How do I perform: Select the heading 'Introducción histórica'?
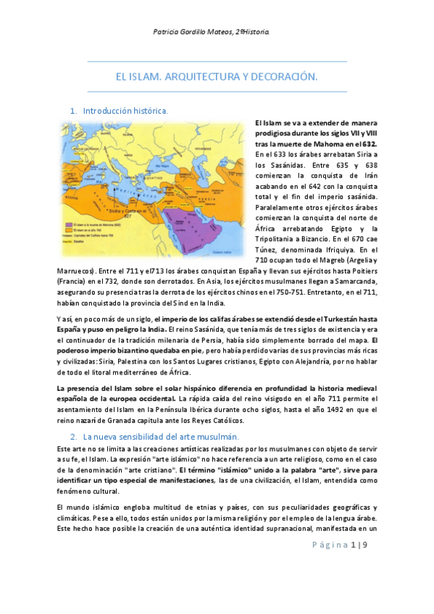coord(125,112)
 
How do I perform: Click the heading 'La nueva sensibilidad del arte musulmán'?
coord(156,437)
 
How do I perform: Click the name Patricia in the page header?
coord(171,32)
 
